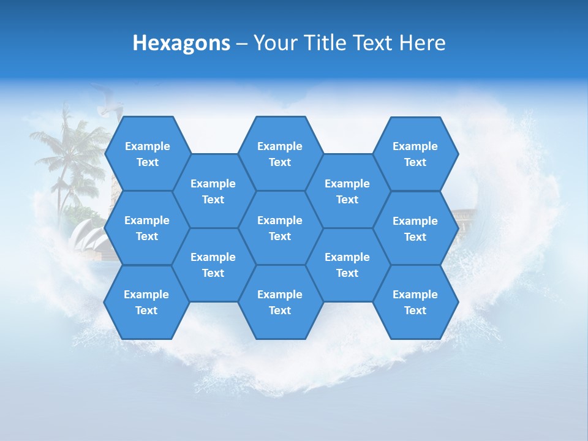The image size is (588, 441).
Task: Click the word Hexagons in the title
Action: coord(181,43)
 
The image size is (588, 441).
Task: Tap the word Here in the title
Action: coord(422,43)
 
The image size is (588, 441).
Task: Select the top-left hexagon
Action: coord(147,154)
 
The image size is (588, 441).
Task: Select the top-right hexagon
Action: coord(415,154)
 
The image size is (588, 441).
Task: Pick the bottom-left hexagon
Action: coord(146,302)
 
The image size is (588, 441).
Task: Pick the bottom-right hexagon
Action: coord(415,302)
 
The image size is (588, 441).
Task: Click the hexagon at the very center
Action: coord(280,228)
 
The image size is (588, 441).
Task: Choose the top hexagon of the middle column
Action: coord(280,154)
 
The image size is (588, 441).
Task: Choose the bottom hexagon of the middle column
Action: coord(280,302)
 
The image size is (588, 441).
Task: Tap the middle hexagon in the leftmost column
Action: coord(147,228)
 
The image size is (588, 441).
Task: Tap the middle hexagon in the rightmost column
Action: coord(415,228)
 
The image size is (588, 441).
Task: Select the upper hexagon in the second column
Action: coord(213,191)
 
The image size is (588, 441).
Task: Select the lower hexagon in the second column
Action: coord(213,265)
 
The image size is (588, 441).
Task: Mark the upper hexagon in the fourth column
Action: coord(347,191)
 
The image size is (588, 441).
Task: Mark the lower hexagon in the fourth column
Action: coord(347,265)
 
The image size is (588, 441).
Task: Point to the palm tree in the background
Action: coord(67,153)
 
